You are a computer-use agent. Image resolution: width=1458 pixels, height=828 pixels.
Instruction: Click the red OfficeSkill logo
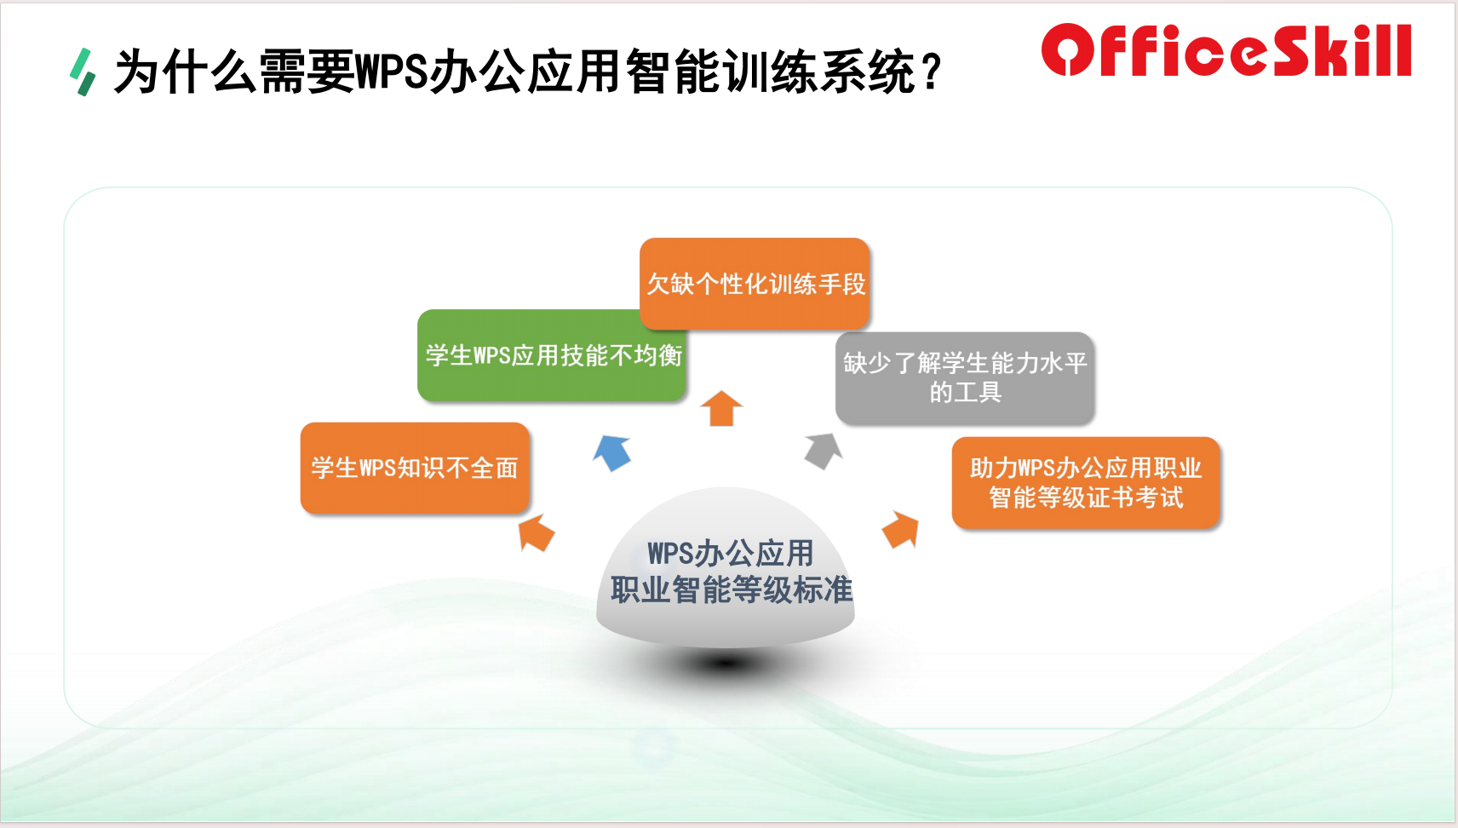click(x=1226, y=50)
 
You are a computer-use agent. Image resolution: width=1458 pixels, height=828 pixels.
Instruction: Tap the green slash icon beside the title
click(x=83, y=72)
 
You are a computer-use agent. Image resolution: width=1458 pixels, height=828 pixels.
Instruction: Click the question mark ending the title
click(x=932, y=72)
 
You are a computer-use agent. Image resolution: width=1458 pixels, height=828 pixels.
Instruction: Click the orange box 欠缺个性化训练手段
click(x=755, y=284)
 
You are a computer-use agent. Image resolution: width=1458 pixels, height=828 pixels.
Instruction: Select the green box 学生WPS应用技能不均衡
click(x=552, y=355)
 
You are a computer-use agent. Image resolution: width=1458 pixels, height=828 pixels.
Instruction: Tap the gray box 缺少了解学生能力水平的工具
click(x=965, y=378)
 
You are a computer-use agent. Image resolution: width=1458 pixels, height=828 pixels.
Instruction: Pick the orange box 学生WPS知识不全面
click(x=415, y=468)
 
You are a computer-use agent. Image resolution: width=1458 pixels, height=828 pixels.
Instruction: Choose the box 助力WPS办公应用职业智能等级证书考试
click(x=1086, y=483)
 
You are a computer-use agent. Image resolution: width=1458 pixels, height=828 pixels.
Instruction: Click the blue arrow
click(x=612, y=451)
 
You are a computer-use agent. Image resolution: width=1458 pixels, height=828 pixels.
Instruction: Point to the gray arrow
click(x=824, y=451)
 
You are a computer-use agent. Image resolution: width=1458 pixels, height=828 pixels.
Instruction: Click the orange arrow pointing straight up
click(x=721, y=408)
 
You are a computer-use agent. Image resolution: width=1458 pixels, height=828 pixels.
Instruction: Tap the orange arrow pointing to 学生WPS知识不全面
click(x=536, y=532)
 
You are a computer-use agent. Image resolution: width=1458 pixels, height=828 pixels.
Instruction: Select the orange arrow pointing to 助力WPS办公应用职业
click(x=901, y=529)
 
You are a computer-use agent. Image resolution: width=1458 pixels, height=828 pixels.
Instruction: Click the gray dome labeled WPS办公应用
click(x=725, y=567)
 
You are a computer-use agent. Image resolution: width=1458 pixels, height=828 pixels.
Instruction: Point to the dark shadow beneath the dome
click(x=725, y=664)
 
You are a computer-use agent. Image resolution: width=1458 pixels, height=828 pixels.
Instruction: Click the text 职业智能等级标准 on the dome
click(x=732, y=589)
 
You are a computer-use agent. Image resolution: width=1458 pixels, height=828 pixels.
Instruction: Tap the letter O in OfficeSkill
click(x=1067, y=50)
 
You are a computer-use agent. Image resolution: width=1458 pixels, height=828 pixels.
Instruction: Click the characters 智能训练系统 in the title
click(x=771, y=72)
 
